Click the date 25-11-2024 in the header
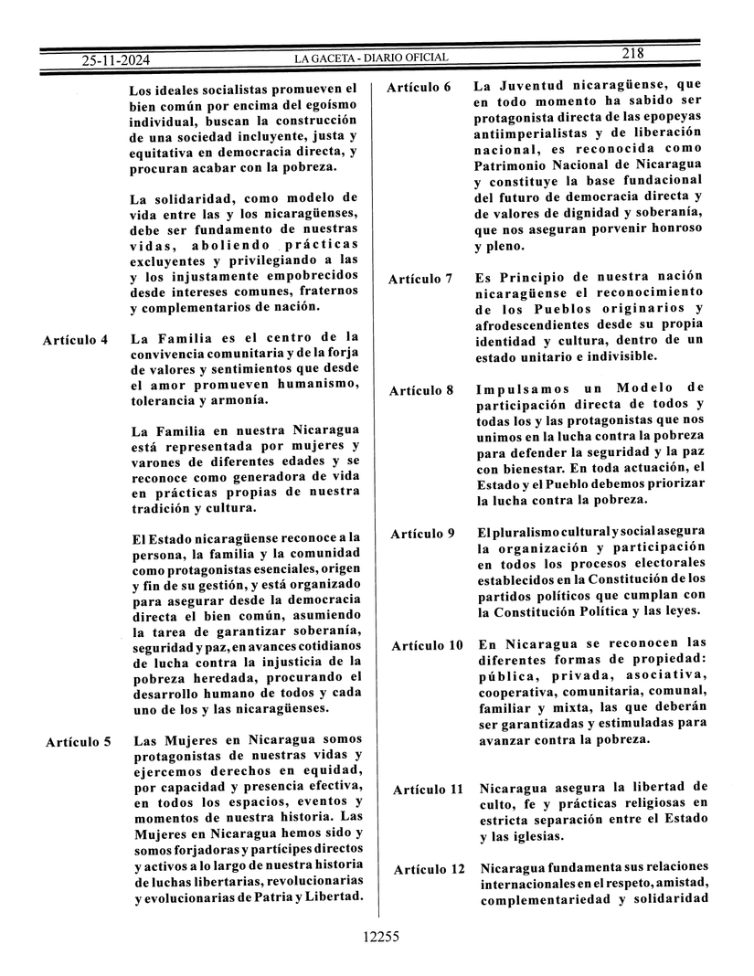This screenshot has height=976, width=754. click(116, 60)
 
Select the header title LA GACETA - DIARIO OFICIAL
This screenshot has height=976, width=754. click(371, 58)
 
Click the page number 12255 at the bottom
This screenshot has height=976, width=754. click(381, 936)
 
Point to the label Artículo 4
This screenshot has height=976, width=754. click(76, 341)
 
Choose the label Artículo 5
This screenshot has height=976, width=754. click(79, 741)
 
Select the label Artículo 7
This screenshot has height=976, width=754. click(420, 279)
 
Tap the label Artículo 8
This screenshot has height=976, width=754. click(421, 390)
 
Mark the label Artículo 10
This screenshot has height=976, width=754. click(427, 645)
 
